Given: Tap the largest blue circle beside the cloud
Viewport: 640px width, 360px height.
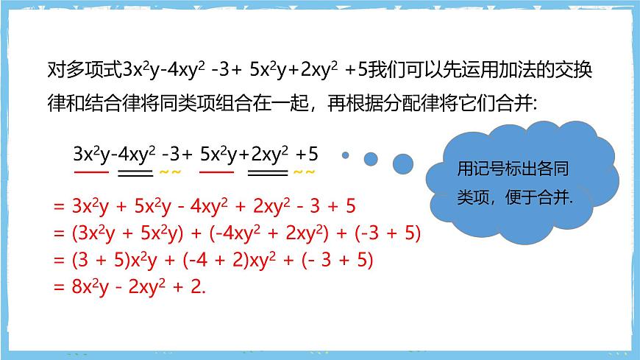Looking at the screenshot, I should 402,162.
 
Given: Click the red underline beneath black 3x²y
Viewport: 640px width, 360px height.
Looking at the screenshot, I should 90,173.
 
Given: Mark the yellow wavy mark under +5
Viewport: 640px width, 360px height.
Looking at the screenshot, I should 304,174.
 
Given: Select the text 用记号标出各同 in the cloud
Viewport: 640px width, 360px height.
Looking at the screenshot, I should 513,169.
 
